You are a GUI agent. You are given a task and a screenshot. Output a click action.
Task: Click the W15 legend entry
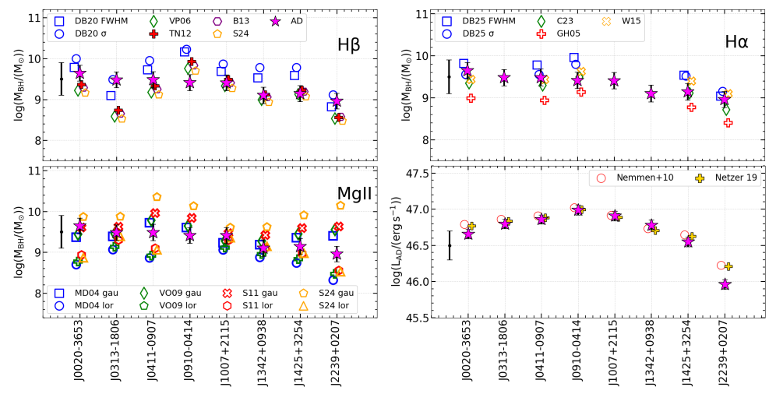633,20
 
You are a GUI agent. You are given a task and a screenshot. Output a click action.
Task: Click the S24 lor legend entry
330,305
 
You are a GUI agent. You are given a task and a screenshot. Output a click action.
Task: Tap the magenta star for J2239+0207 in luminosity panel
725,284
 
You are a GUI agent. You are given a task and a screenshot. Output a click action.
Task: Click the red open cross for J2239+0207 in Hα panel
728,122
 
